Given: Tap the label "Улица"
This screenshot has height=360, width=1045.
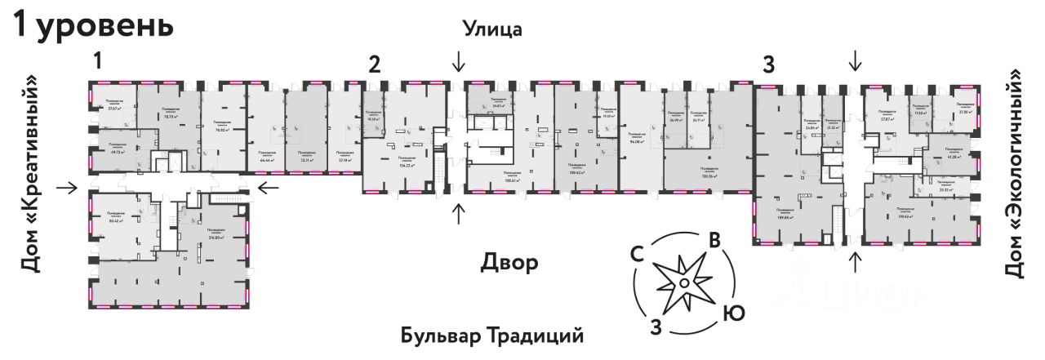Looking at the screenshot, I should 492,29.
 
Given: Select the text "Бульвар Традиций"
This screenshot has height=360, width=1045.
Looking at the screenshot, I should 493,336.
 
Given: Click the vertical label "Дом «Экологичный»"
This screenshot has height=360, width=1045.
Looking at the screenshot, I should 1014,173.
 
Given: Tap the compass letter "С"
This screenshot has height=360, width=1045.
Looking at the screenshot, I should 640,254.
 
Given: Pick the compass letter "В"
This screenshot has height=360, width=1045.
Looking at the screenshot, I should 714,241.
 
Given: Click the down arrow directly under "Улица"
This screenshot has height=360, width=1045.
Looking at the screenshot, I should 460,61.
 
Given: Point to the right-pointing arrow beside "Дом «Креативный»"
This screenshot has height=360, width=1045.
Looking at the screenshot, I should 68,189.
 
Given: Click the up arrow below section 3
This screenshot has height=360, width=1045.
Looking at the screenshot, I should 856,262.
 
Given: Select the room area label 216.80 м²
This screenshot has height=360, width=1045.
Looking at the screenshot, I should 216,238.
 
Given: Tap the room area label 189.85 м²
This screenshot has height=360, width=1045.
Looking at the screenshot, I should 787,218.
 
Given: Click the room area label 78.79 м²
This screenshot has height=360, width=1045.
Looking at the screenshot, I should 171,116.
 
